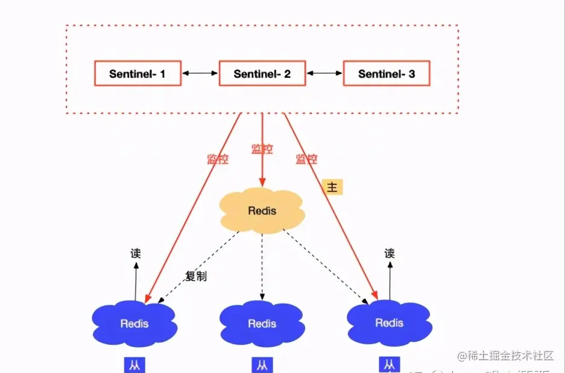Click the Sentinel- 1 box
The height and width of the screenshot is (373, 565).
[x=137, y=74]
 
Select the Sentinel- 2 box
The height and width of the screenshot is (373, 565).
[x=262, y=74]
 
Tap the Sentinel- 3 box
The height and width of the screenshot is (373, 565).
[x=387, y=74]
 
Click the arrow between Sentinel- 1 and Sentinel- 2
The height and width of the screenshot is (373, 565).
[x=200, y=74]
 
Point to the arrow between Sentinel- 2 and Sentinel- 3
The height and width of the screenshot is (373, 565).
[x=324, y=74]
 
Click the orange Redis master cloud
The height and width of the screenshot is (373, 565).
[x=262, y=211]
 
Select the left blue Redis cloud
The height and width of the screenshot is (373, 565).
[x=134, y=323]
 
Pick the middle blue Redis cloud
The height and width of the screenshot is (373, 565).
[x=262, y=324]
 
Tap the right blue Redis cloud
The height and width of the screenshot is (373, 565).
[x=389, y=322]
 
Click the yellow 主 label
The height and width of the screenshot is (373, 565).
[x=332, y=187]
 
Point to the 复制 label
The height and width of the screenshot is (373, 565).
[x=196, y=277]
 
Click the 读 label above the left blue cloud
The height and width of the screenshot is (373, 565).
[x=136, y=254]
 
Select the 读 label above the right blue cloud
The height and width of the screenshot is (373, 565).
[x=390, y=254]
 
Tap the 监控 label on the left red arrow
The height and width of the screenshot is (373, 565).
[x=218, y=160]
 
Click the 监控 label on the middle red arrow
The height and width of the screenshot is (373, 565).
[x=262, y=148]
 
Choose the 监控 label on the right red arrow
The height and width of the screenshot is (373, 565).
[x=306, y=160]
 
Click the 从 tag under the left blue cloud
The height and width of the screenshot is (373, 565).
[x=134, y=365]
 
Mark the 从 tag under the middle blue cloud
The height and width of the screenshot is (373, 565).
[x=262, y=365]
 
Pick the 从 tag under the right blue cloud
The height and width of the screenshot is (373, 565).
[x=389, y=365]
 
